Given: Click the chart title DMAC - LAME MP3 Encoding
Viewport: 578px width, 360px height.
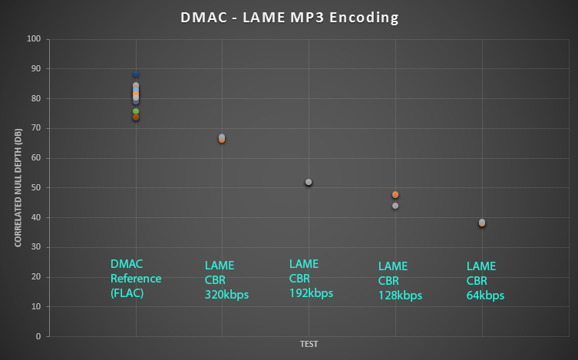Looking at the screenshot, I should click(x=289, y=18).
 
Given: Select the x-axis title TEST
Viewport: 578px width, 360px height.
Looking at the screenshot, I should click(x=309, y=345).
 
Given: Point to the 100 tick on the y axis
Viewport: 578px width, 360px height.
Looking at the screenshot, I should click(x=33, y=39).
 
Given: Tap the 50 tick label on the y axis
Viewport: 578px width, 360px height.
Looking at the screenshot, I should click(x=35, y=188).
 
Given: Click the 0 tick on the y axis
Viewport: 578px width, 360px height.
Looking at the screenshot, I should click(x=38, y=336).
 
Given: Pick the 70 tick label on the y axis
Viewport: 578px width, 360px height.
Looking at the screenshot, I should click(x=35, y=128).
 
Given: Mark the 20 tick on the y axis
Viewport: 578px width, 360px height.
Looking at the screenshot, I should click(x=35, y=277).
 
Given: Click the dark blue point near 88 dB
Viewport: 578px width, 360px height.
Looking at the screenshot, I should click(x=136, y=74).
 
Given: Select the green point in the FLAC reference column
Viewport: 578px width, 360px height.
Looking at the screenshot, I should click(x=136, y=111).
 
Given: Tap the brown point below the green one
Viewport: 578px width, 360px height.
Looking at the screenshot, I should click(x=136, y=117).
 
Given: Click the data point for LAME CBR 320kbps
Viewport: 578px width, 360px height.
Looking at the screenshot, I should click(x=222, y=138).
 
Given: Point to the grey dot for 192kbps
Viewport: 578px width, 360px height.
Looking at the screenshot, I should click(x=309, y=182).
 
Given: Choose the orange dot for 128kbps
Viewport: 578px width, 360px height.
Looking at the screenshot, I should click(x=395, y=195).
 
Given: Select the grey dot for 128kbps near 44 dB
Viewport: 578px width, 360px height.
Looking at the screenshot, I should click(x=395, y=206).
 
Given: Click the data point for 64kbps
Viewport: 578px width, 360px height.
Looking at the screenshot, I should click(x=482, y=223).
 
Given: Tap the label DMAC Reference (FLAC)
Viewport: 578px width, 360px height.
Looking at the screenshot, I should click(x=136, y=278).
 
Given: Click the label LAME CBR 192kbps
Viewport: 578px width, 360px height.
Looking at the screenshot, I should click(x=310, y=278).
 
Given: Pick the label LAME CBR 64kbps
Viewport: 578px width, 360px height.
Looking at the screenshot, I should click(x=485, y=281).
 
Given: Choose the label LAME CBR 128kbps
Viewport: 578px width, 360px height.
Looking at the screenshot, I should click(x=400, y=281).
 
